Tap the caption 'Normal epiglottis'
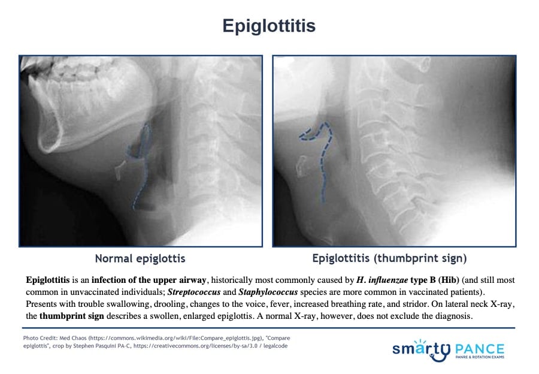click(140, 258)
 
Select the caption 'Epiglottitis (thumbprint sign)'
click(389, 258)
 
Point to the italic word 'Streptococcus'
click(194, 292)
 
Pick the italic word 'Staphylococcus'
click(268, 292)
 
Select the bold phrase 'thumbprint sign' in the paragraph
click(71, 316)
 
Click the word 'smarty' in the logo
click(422, 350)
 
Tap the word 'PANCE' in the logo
click(480, 349)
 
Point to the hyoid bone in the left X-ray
click(121, 169)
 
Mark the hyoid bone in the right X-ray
click(301, 166)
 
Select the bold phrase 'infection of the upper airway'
click(149, 280)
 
